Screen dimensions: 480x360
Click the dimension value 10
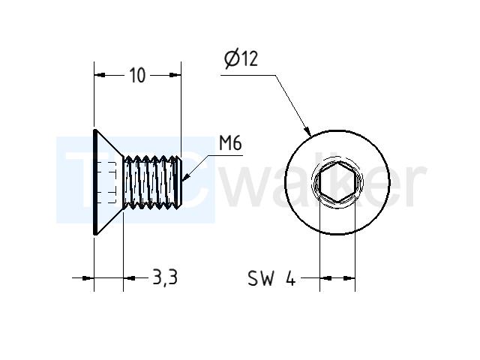click(x=137, y=75)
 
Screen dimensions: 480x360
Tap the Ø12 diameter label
click(x=241, y=58)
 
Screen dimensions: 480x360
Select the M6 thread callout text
click(x=230, y=143)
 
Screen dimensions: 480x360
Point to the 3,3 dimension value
click(x=165, y=277)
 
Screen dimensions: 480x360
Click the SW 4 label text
click(x=271, y=278)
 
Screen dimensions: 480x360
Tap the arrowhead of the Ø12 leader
click(x=307, y=132)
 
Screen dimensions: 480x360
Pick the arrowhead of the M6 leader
click(x=186, y=177)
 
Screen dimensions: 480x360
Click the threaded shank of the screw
click(x=152, y=181)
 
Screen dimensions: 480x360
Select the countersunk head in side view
click(x=108, y=181)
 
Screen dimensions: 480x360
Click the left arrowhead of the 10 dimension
click(x=100, y=75)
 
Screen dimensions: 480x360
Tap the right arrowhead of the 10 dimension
click(x=175, y=75)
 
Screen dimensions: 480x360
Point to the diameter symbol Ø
click(x=232, y=59)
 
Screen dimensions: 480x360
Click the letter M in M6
click(x=225, y=143)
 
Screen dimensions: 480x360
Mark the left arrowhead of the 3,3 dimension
click(x=88, y=278)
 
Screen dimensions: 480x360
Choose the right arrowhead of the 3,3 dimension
click(x=129, y=278)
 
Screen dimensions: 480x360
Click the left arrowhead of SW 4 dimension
click(x=325, y=278)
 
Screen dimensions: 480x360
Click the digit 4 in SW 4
click(x=290, y=278)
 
